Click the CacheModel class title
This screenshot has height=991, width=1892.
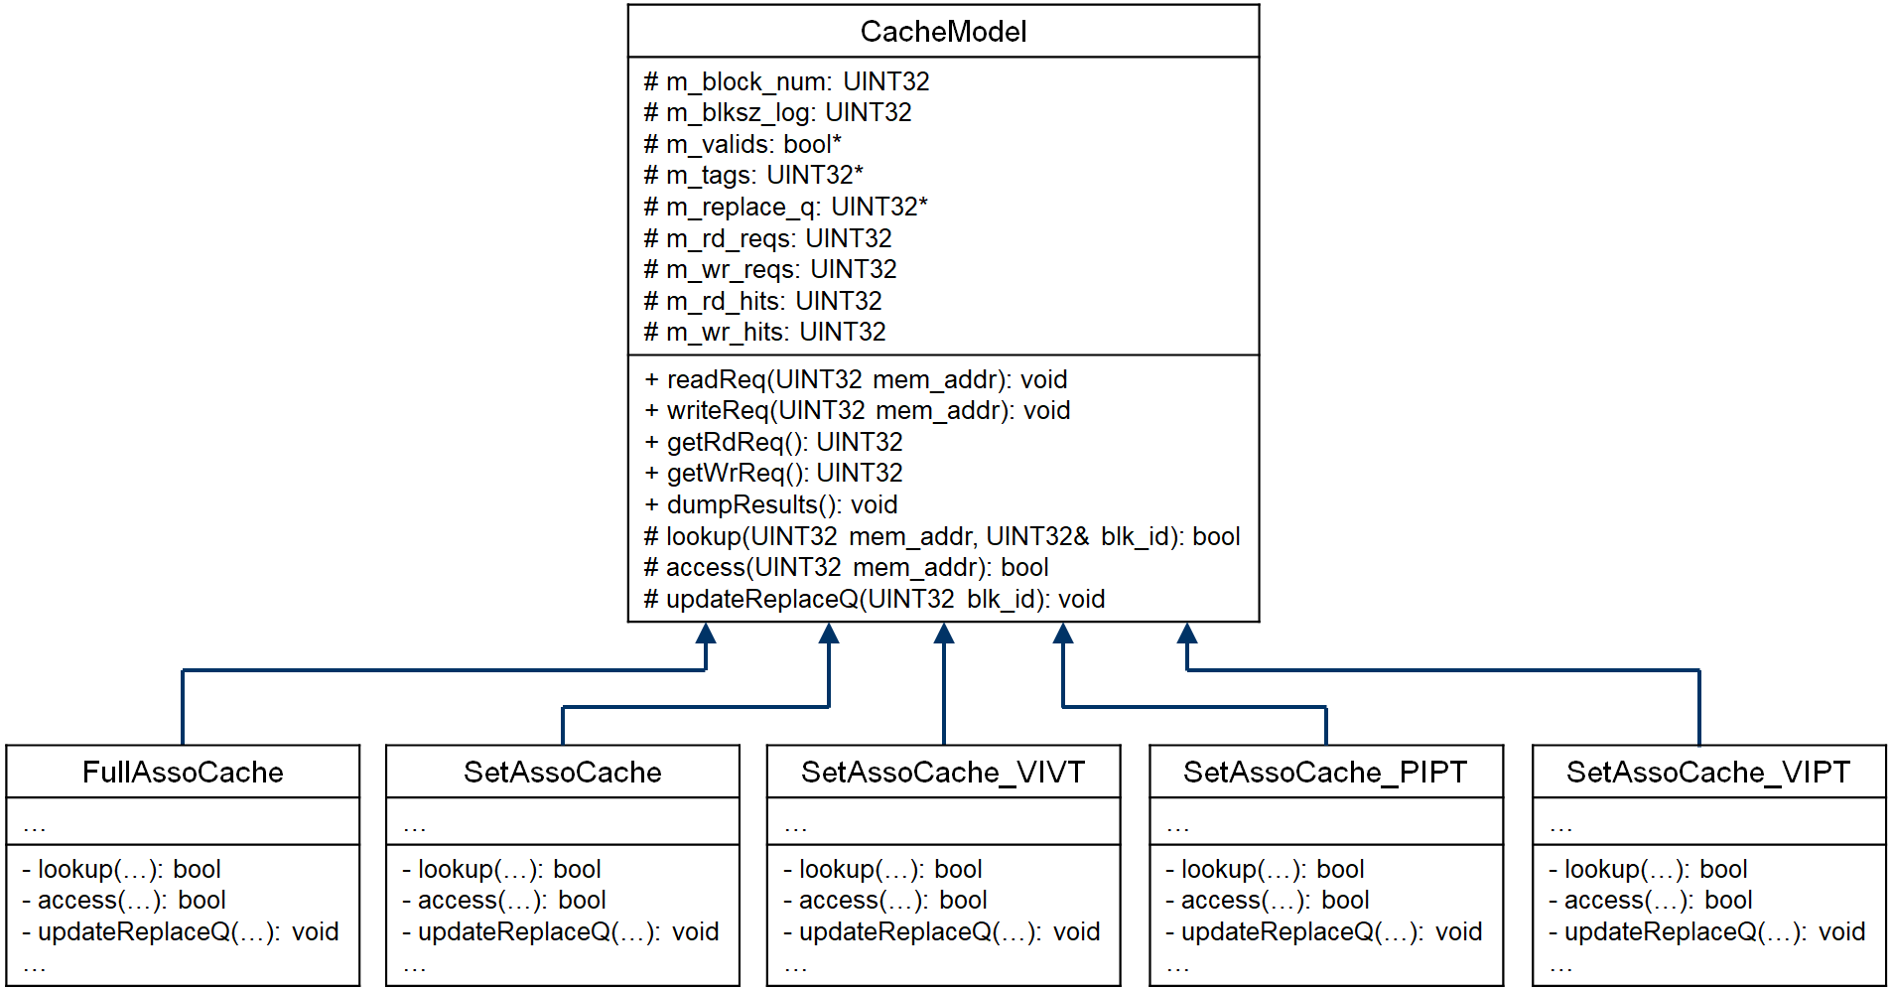point(943,32)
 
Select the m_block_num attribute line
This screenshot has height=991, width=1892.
point(786,81)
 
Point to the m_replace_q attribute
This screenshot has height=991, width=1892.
point(785,207)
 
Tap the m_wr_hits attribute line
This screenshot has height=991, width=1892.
point(764,332)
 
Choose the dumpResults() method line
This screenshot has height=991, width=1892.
point(771,504)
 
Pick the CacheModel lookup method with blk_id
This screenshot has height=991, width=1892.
point(942,536)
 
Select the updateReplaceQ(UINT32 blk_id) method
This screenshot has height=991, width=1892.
point(875,599)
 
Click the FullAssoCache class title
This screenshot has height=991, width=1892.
point(183,772)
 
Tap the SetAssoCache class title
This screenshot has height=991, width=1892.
point(562,772)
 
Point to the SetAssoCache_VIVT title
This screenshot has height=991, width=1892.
point(943,772)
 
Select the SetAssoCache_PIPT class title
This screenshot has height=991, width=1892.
point(1325,772)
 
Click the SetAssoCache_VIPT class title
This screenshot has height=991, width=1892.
point(1708,772)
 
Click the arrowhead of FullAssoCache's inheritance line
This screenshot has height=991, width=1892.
point(706,633)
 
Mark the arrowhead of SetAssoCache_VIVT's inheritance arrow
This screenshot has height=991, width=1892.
point(944,633)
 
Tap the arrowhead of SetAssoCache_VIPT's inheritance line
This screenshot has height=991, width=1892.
point(1187,633)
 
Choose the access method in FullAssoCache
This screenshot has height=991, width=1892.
point(124,900)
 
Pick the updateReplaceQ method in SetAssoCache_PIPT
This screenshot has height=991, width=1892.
point(1323,931)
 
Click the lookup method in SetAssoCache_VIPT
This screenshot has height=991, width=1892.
point(1648,869)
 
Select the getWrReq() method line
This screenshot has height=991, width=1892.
point(773,473)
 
